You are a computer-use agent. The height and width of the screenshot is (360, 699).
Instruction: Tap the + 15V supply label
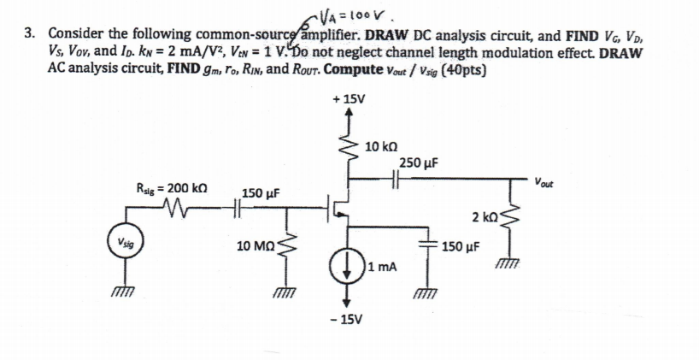[x=350, y=98]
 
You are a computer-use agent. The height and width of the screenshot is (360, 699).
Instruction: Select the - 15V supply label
[x=349, y=320]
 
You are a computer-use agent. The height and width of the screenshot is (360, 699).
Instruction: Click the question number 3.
[x=29, y=33]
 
